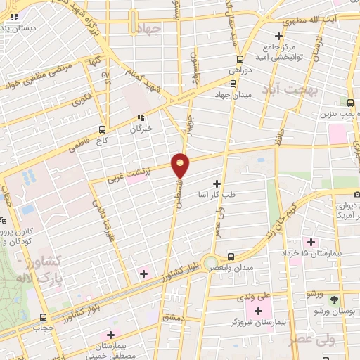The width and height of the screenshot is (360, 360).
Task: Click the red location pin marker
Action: (181, 165)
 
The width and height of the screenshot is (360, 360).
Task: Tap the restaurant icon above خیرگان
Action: (141, 118)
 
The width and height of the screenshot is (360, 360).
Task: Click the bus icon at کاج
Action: (103, 129)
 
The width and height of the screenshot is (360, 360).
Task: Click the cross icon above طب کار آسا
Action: (216, 183)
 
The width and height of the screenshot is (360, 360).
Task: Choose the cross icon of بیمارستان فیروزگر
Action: (258, 310)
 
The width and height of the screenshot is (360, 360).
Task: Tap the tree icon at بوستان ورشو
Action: (334, 298)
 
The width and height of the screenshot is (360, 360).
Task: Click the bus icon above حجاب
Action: (44, 317)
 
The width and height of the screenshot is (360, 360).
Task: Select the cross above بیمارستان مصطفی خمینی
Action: (109, 335)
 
